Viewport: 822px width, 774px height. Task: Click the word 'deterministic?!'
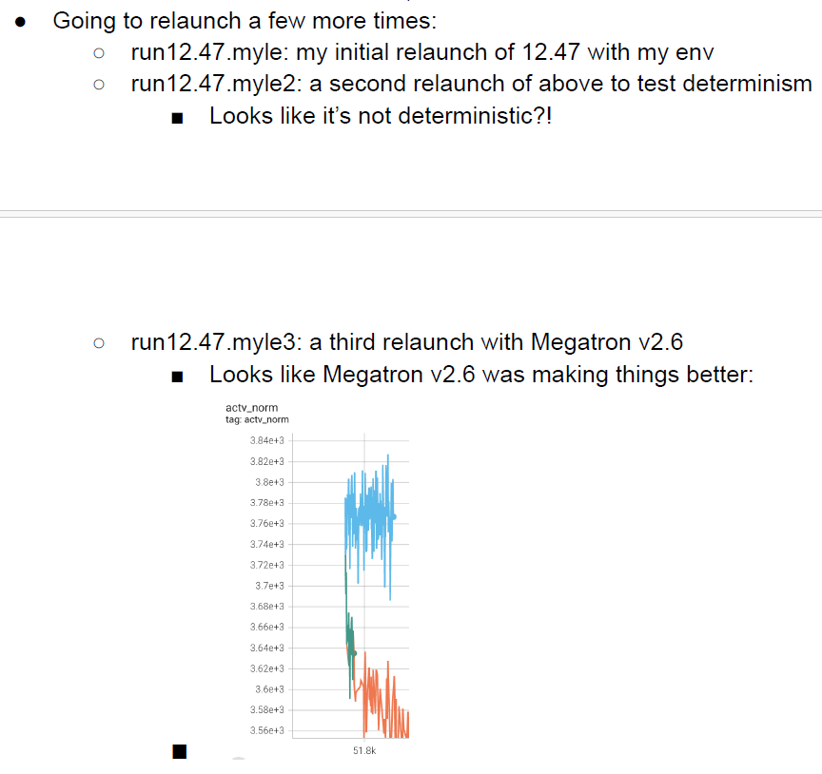tap(475, 116)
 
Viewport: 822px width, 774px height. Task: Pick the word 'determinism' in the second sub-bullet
tap(747, 84)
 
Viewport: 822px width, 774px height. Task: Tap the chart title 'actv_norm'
tap(251, 408)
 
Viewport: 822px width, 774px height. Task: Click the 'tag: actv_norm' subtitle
tap(257, 419)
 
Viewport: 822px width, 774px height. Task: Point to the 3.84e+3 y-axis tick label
tap(266, 440)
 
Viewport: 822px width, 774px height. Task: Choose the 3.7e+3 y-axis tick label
tap(269, 586)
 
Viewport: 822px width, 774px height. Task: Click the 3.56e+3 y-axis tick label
tap(266, 730)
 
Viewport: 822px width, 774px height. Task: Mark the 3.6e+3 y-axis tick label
tap(269, 689)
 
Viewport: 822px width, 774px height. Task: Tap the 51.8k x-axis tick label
tap(364, 751)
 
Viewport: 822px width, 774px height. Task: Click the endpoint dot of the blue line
tap(394, 516)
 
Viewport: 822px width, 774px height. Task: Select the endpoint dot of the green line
tap(354, 653)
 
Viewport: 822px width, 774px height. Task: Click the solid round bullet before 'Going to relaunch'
tap(20, 22)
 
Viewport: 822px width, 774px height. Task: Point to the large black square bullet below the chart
tap(179, 751)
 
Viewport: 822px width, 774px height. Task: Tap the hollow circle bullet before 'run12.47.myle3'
tap(99, 343)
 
